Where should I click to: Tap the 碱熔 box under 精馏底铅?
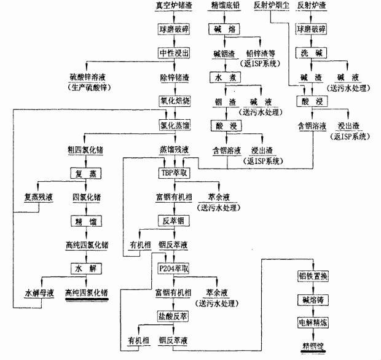[x=222, y=29]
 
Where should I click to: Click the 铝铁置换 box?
[x=313, y=276]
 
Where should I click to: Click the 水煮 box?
[x=222, y=77]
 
